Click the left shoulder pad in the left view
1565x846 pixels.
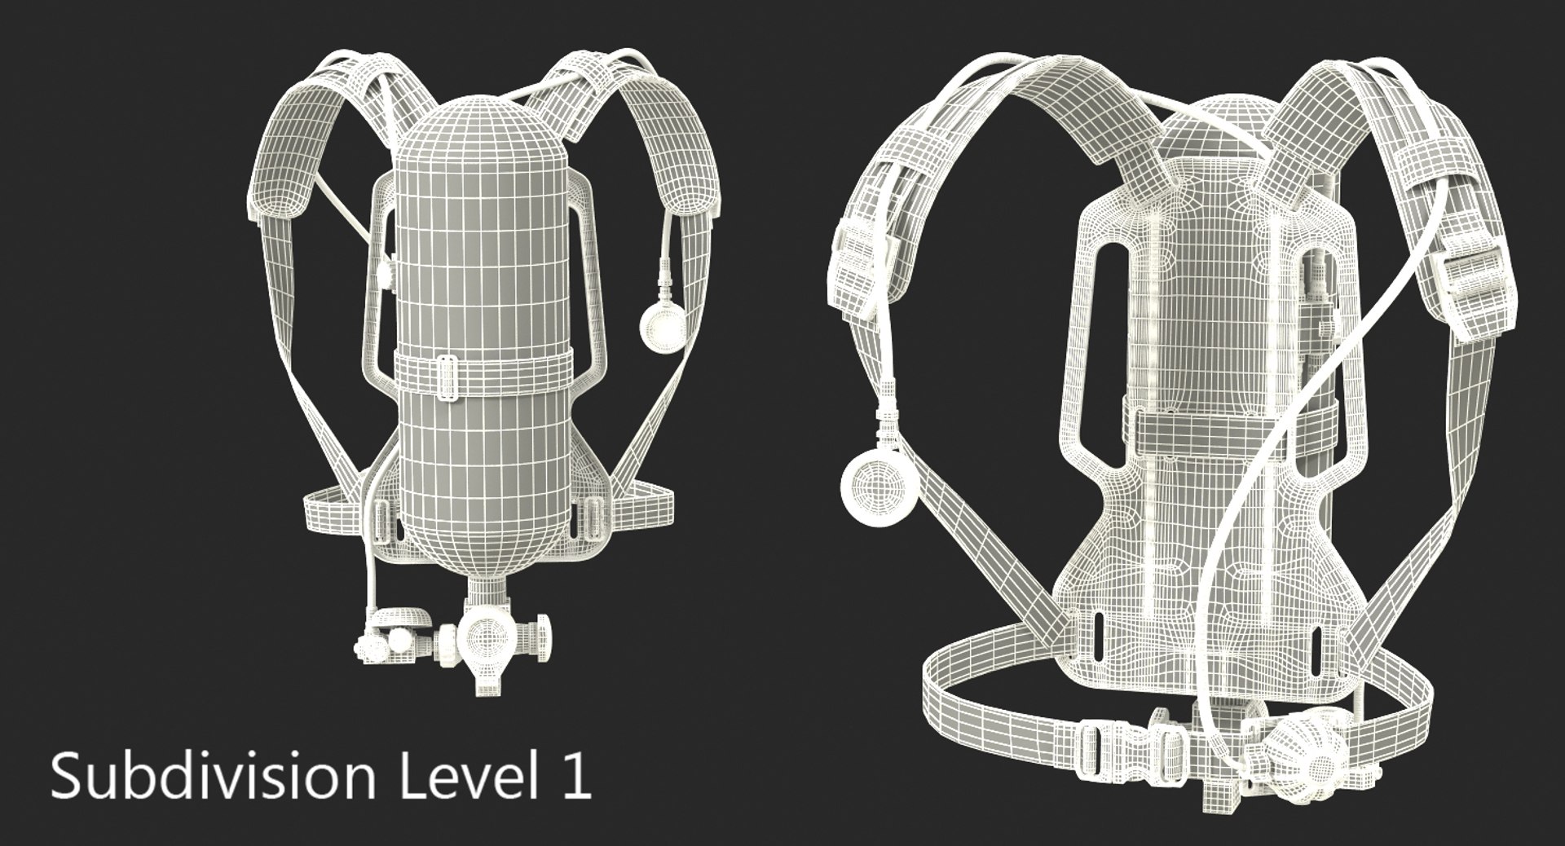tap(285, 167)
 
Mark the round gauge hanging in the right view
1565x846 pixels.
tap(879, 489)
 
